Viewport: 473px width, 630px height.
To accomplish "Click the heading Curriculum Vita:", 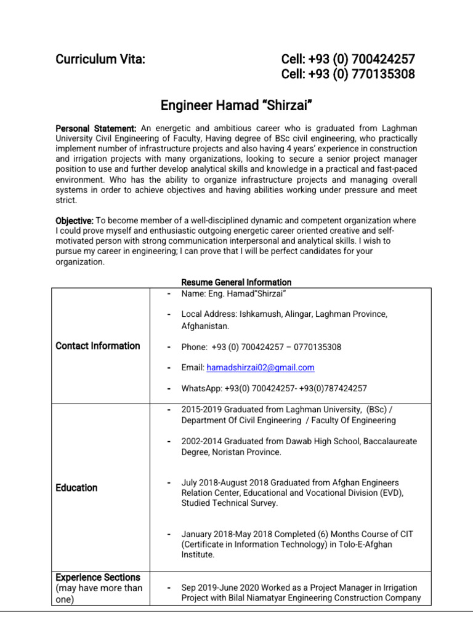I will coord(100,60).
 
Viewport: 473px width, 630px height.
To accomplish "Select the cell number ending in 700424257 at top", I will coord(348,60).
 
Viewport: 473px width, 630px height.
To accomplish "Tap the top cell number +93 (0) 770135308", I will coord(348,74).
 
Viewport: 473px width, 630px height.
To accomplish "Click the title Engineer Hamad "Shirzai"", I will coord(237,105).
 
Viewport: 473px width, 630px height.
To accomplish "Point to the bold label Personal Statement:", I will coord(96,129).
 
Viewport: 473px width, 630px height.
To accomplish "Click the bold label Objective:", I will coord(75,220).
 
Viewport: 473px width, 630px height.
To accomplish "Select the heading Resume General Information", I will coord(236,282).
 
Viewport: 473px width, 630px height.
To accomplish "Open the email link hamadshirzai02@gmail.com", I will coord(260,367).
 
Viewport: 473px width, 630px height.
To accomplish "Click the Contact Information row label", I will coord(98,346).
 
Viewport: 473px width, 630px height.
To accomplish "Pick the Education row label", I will coord(76,488).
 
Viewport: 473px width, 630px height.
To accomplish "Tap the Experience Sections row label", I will coord(98,578).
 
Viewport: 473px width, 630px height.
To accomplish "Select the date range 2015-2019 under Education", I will coord(201,410).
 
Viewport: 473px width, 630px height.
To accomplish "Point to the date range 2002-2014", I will coord(201,441).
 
